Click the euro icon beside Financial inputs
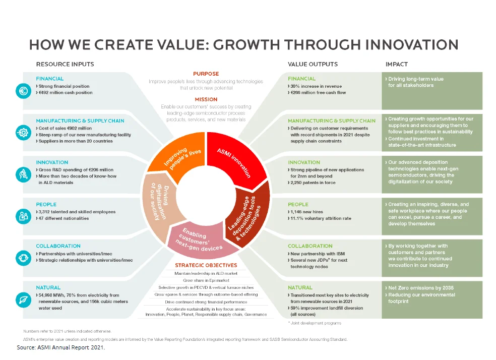23,92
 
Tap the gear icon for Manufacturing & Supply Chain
23,133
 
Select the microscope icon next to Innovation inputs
23,174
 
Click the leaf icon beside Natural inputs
23,299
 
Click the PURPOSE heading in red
206,74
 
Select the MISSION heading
206,99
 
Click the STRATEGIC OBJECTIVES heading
206,265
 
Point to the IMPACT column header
396,64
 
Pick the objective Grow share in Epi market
206,280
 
